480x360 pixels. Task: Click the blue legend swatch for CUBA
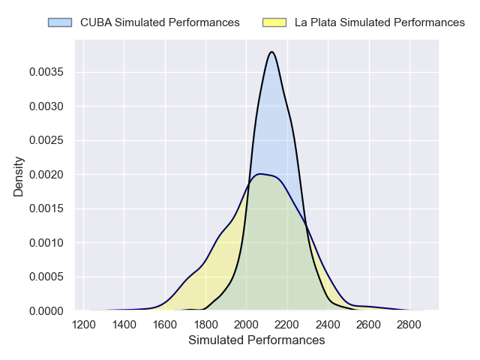coord(61,22)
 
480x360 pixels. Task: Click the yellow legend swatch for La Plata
coord(275,22)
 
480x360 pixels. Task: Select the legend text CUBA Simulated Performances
coord(160,22)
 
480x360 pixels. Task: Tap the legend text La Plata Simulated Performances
coord(379,22)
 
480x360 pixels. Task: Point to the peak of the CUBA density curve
coord(271,52)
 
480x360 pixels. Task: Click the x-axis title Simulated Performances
coord(256,340)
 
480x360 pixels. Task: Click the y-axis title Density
coord(19,175)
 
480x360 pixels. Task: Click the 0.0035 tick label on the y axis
coord(46,72)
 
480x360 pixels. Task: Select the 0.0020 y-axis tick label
coord(46,175)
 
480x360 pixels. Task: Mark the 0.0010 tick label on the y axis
coord(46,243)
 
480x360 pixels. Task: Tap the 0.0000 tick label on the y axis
coord(46,310)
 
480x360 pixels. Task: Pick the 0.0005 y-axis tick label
coord(46,277)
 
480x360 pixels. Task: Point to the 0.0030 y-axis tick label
coord(46,106)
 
